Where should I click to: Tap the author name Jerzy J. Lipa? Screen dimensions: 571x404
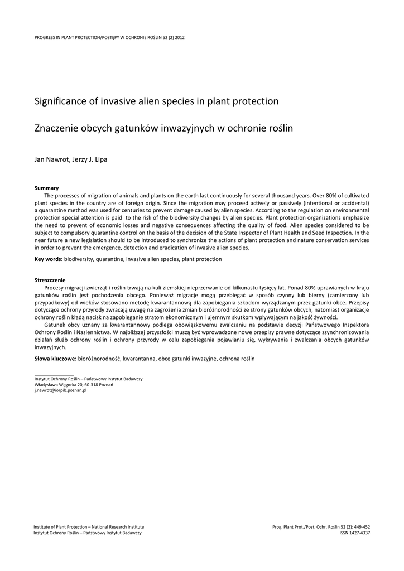click(89, 159)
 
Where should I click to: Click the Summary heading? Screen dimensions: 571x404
click(46, 188)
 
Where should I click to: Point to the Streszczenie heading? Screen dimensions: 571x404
click(50, 280)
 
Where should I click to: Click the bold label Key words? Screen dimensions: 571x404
click(49, 259)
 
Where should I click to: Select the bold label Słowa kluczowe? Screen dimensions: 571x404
click(56, 359)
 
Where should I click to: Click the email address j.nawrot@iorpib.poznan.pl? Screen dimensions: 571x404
click(60, 391)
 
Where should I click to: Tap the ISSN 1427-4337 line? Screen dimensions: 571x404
click(354, 533)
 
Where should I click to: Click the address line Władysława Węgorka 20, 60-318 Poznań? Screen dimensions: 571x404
click(74, 385)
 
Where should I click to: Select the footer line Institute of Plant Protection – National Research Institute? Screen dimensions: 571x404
click(89, 526)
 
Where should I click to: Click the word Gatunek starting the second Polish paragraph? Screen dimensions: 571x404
click(55, 325)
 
